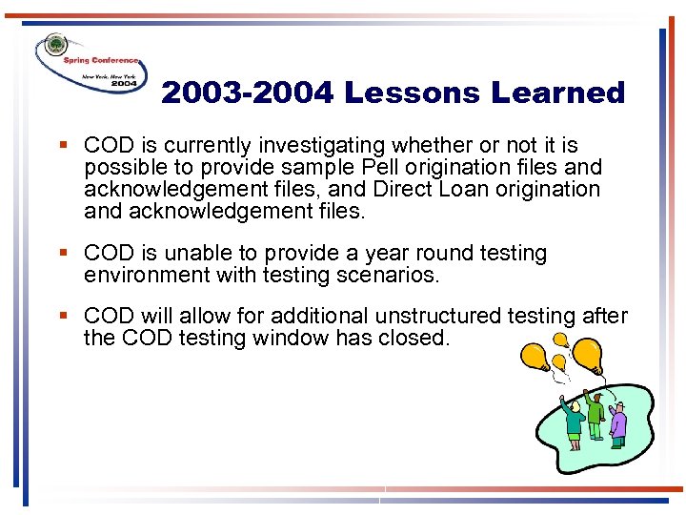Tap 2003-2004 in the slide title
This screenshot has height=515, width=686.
[248, 93]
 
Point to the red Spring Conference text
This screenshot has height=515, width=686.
[100, 60]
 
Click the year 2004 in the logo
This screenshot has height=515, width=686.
[124, 84]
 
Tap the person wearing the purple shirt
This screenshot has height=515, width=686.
[617, 423]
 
